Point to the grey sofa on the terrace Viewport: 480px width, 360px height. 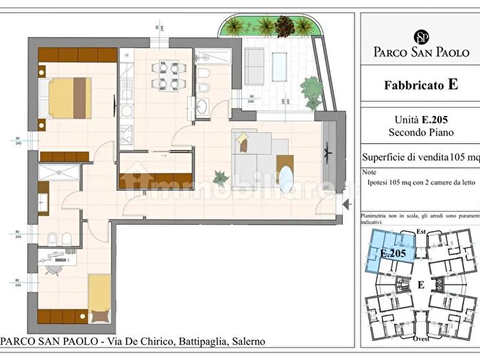click(254, 67)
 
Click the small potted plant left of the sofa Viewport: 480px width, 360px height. click(221, 178)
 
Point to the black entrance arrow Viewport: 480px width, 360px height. click(347, 204)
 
